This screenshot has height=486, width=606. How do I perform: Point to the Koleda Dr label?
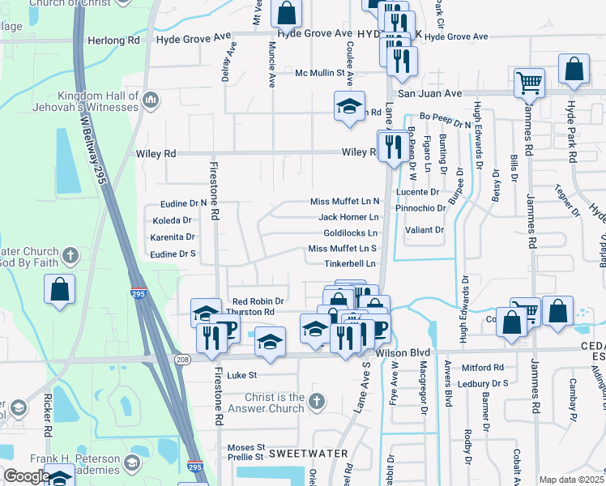pyautogui.click(x=171, y=220)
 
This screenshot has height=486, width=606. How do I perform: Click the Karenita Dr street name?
pyautogui.click(x=173, y=237)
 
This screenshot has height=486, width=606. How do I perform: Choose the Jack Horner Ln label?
pyautogui.click(x=348, y=217)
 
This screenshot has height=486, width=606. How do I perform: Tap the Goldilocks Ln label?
pyautogui.click(x=350, y=232)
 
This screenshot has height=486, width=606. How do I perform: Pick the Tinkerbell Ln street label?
pyautogui.click(x=350, y=264)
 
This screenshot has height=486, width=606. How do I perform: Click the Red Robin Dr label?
pyautogui.click(x=258, y=301)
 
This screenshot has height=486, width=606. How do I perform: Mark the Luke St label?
pyautogui.click(x=241, y=375)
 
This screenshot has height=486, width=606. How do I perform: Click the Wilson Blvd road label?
pyautogui.click(x=403, y=354)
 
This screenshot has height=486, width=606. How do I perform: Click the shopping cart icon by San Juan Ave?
pyautogui.click(x=529, y=81)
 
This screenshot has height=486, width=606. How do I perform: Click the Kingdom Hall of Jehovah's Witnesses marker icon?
pyautogui.click(x=150, y=101)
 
